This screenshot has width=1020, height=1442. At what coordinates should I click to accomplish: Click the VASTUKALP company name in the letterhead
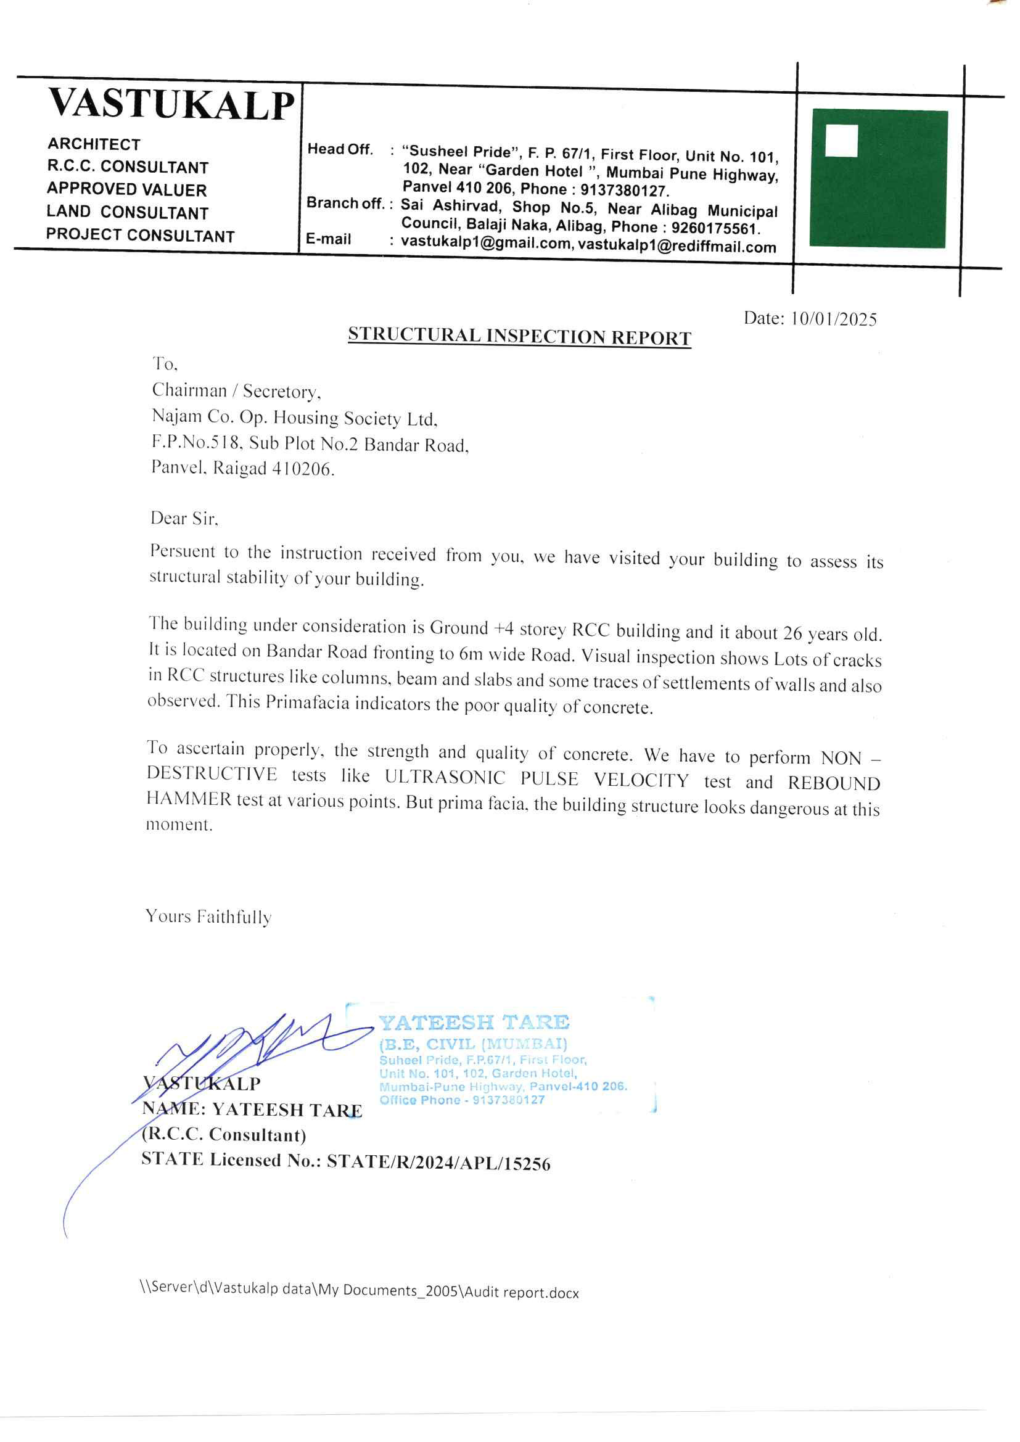coord(171,104)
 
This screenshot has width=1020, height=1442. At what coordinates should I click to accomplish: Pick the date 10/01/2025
coord(834,319)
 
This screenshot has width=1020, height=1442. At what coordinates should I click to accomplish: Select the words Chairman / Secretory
coord(236,391)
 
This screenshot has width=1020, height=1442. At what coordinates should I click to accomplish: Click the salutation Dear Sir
coord(184,519)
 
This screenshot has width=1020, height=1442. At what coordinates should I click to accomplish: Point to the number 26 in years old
coord(792,633)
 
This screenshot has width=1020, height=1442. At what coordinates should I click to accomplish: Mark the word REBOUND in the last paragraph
coord(834,783)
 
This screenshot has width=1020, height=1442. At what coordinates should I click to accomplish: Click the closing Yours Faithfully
coord(208,917)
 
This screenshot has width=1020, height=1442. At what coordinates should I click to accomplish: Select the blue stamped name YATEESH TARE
coord(474,1023)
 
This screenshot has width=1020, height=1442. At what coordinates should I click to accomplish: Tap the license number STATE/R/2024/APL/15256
coord(438,1164)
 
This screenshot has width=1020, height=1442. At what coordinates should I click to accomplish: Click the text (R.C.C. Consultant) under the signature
coord(224,1135)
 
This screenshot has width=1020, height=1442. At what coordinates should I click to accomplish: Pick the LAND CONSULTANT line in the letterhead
coord(128,212)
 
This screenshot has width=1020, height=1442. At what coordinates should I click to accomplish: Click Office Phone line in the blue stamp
coord(462,1100)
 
